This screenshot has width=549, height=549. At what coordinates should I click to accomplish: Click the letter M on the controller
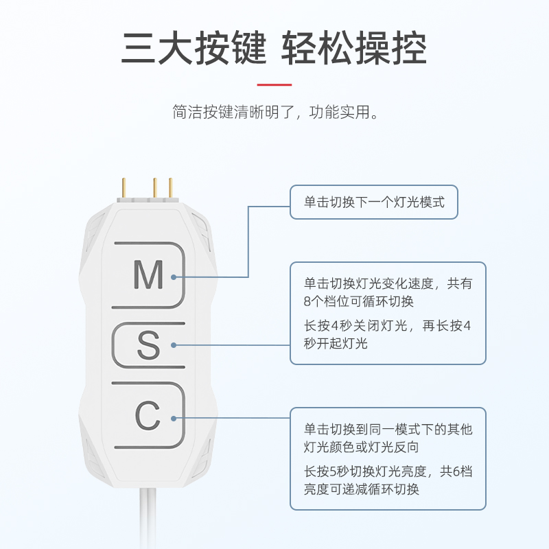(x=148, y=274)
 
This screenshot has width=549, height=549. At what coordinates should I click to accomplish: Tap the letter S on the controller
(x=148, y=345)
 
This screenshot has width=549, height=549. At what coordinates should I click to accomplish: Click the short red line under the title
(x=274, y=84)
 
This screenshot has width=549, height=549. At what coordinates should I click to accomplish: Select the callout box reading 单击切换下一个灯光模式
(x=373, y=202)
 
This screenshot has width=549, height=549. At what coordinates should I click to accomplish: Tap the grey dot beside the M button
(x=174, y=277)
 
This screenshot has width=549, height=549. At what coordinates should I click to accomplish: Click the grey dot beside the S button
(x=174, y=345)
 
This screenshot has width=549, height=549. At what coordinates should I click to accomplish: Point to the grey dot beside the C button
(x=174, y=417)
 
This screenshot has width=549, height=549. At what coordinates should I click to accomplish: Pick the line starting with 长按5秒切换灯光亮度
(x=388, y=472)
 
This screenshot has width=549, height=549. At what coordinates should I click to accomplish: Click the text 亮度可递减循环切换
(x=362, y=489)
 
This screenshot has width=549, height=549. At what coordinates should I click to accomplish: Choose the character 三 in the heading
(x=137, y=48)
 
